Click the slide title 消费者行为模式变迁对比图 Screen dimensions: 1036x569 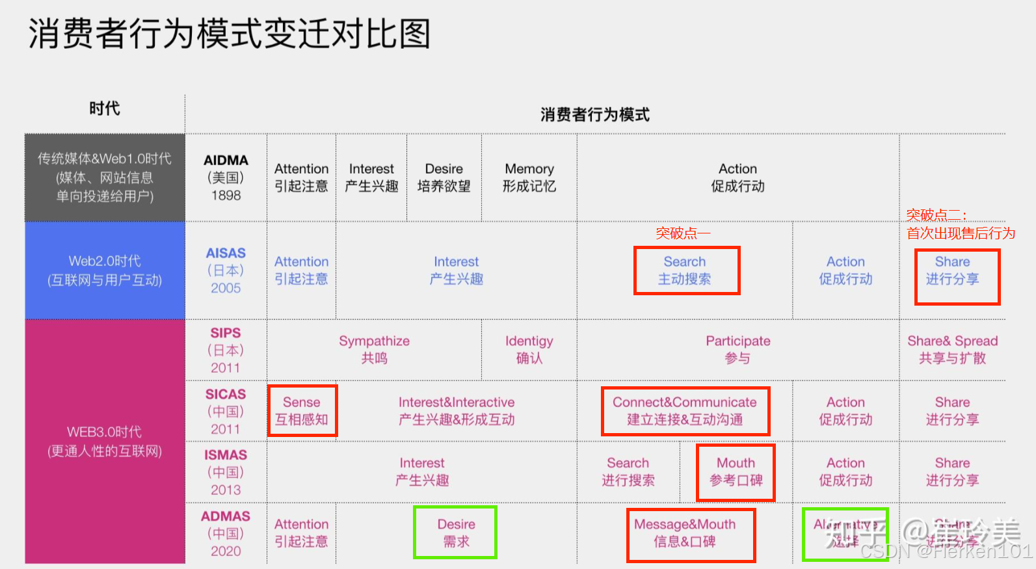coord(229,34)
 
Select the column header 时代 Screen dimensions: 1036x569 coord(105,109)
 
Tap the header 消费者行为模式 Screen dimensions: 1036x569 coord(594,115)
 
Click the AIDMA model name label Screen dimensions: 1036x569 coord(226,161)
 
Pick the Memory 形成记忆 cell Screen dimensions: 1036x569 coord(529,178)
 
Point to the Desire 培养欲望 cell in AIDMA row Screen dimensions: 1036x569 coord(444,178)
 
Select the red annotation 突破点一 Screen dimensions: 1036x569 coord(682,233)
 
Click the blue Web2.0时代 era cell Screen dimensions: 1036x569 coord(105,271)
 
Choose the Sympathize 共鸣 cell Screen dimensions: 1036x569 coord(374,349)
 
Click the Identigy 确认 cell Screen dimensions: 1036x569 coord(529,349)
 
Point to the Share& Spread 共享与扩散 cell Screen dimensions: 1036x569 coord(952,349)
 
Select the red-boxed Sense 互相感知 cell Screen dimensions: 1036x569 coord(302,411)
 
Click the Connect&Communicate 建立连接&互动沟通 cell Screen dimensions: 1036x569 coord(685,411)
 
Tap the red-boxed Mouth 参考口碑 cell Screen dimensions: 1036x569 coord(736,472)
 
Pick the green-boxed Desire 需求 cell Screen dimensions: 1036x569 coord(456,533)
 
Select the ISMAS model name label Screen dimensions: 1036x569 coord(226,455)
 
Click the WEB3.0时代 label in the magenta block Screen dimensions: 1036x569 coord(105,432)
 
